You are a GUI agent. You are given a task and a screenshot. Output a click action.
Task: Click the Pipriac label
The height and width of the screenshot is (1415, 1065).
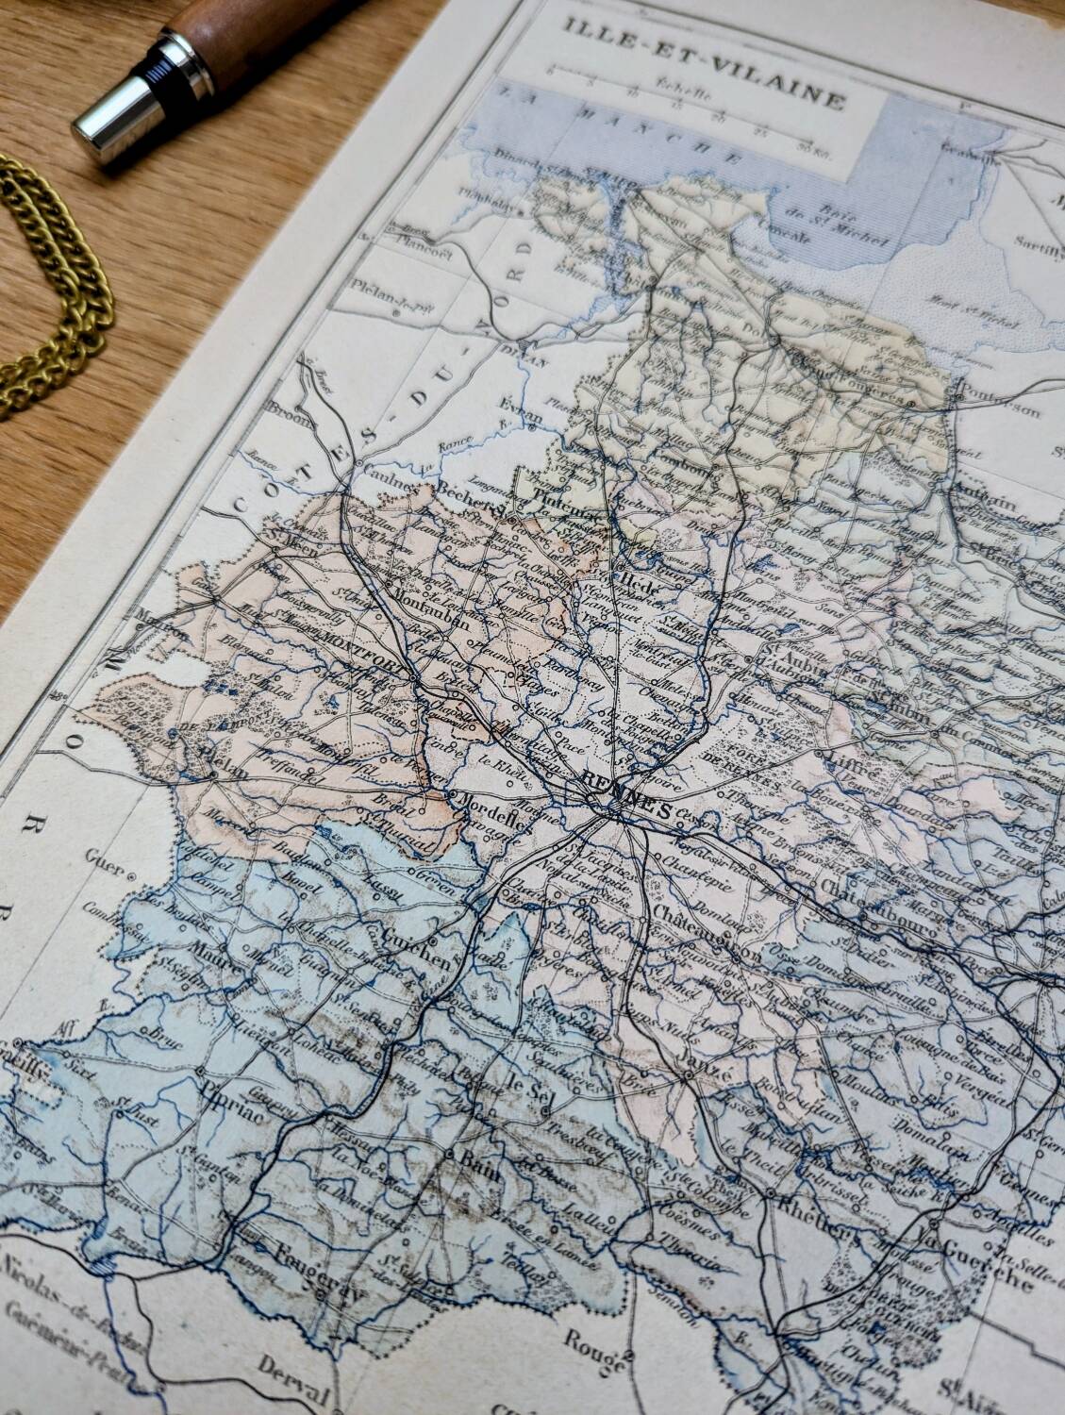click(x=225, y=1088)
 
